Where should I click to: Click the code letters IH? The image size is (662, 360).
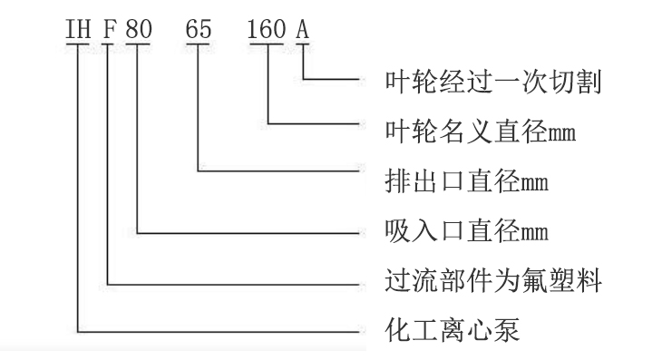pos(79,31)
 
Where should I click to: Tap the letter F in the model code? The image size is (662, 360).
pos(110,31)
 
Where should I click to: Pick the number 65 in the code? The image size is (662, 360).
pos(198,31)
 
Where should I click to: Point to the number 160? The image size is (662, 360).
pos(267,31)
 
